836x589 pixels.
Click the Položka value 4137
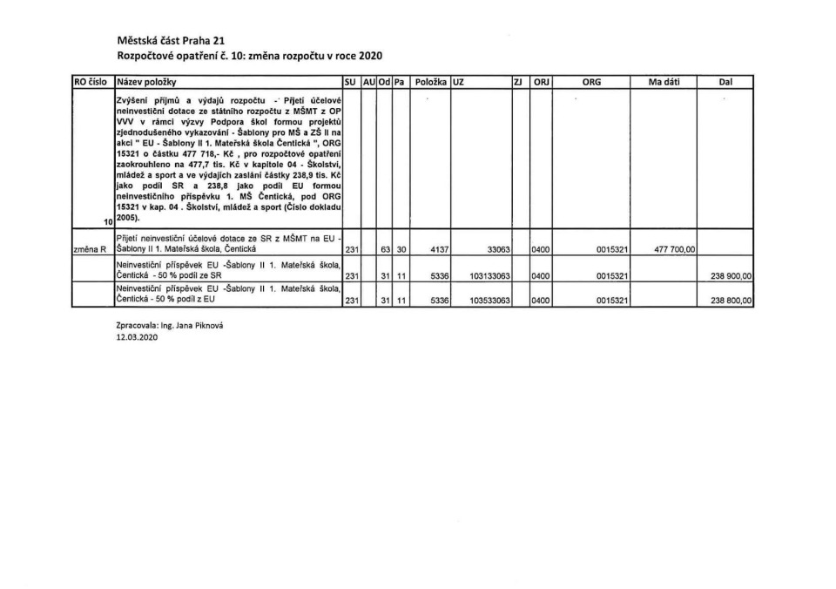(439, 249)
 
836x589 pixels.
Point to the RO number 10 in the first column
(107, 223)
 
